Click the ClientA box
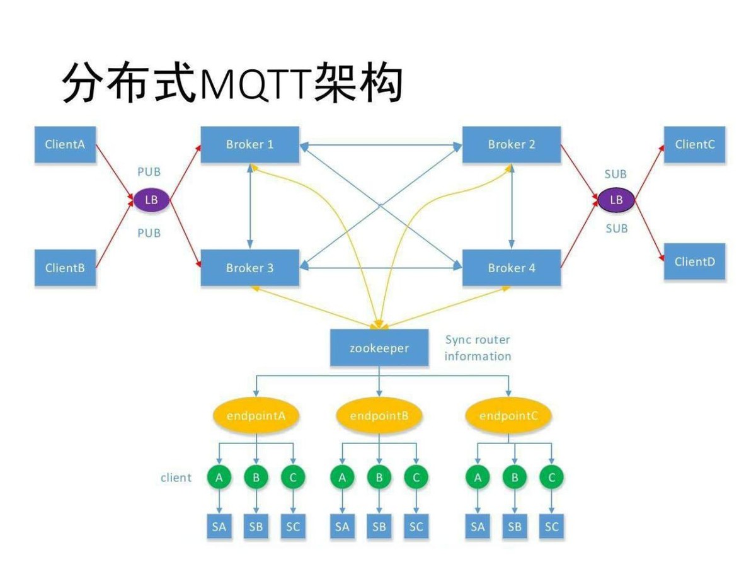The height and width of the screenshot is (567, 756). tap(65, 144)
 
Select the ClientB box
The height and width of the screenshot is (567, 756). tap(65, 268)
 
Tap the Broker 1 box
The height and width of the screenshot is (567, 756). tap(249, 144)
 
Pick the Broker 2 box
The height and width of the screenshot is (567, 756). tap(511, 144)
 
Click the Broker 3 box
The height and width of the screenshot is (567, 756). tap(249, 268)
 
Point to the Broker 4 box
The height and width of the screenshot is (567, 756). tap(511, 268)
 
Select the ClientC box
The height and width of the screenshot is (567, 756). tap(694, 144)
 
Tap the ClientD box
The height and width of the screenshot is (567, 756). tap(694, 261)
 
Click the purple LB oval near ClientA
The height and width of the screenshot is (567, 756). tap(151, 200)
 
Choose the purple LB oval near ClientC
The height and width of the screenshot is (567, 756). tap(616, 200)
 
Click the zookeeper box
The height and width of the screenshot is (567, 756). tap(379, 348)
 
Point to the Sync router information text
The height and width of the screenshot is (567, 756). tap(478, 348)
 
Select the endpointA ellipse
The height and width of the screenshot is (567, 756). tap(255, 416)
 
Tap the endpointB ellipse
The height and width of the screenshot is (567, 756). tap(379, 416)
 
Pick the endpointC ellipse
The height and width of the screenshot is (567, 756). tap(508, 416)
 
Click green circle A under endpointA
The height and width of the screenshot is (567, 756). tap(219, 478)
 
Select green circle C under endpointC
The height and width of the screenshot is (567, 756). tap(552, 478)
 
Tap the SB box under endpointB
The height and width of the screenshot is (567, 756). tap(379, 527)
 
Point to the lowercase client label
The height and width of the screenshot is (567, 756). tap(176, 478)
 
